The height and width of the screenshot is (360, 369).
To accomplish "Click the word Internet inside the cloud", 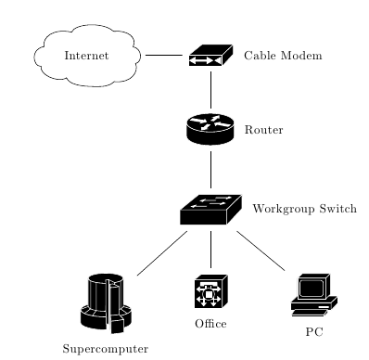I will pos(87,56).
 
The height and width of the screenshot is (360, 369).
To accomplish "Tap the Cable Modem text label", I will pos(283,56).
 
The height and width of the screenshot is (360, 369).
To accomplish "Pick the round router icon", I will pos(210,129).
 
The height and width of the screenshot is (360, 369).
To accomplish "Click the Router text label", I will pos(263,130).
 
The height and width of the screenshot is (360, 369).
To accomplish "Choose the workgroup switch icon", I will pos(210,210).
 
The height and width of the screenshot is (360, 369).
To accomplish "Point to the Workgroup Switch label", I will pos(304,209).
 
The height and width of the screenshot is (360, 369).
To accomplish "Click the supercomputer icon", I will pos(106,302).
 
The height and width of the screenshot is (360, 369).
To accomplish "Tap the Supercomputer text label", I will pos(106,349).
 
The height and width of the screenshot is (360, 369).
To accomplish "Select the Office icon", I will pos(210,291).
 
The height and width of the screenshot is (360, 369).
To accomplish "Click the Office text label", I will pos(210,324).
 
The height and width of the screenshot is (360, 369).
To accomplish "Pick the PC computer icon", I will pos(313,295).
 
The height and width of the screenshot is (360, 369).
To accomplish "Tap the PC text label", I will pos(313,331).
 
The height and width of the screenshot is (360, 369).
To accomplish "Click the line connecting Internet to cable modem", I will pos(164,56).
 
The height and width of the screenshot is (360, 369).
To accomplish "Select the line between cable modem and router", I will pos(210,90).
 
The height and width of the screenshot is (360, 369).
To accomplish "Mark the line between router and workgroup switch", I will pos(210,169).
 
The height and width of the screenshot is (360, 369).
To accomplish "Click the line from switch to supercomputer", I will pos(162,252).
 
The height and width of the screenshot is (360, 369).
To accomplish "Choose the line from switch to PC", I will pos(261,251).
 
